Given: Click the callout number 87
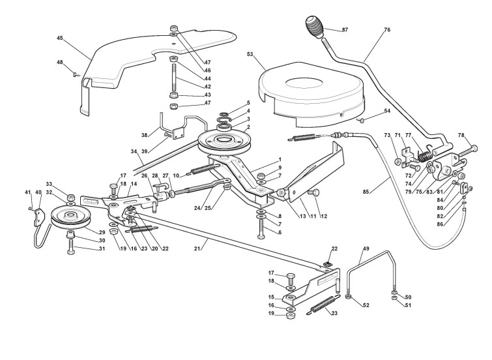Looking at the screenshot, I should [x=345, y=30].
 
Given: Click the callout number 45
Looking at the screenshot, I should [x=60, y=38].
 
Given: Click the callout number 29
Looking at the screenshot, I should [x=101, y=233].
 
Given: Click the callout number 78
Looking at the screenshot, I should [x=463, y=135].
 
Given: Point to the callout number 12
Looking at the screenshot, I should [x=325, y=217].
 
